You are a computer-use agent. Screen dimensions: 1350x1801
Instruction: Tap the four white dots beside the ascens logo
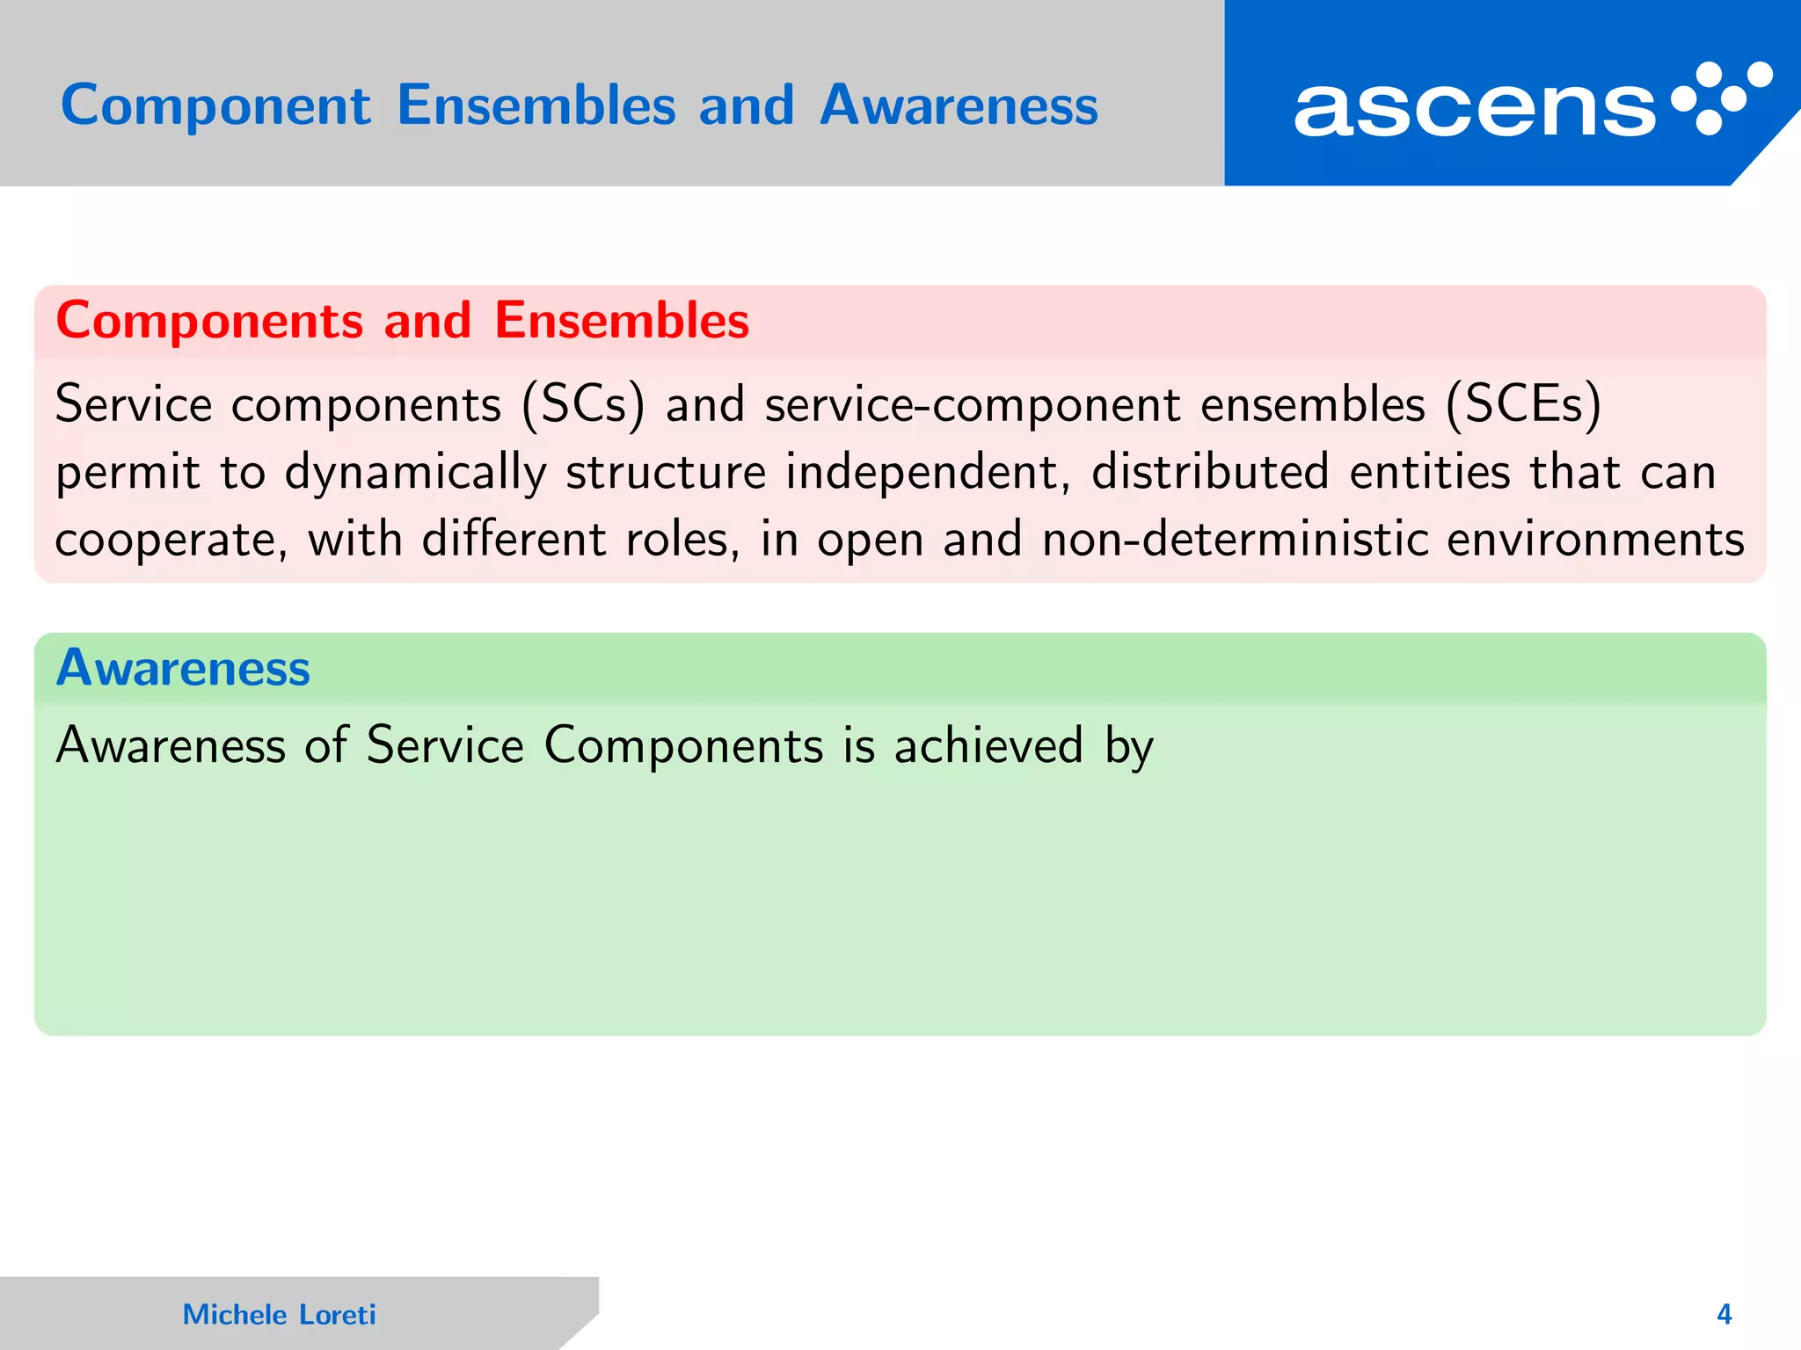coord(1722,98)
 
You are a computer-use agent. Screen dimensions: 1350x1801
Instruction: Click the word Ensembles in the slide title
coord(536,105)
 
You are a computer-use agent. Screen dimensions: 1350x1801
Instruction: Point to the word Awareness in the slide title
coord(959,105)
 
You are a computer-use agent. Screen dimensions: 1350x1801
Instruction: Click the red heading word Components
coord(209,321)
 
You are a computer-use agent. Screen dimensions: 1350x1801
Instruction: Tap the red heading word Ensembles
coord(622,320)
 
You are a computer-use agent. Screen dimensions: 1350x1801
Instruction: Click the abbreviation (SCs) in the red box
coord(583,406)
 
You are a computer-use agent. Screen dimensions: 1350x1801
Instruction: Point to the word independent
coord(927,472)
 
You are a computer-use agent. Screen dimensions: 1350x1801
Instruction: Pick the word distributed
coord(1210,472)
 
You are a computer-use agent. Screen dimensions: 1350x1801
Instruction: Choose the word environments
coord(1595,541)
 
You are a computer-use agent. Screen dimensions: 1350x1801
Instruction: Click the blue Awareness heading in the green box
coord(183,668)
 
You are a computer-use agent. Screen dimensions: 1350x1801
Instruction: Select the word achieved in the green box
coord(988,745)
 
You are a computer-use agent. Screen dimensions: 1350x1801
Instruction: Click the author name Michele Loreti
coord(279,1315)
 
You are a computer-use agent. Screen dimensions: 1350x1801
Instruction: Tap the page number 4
coord(1724,1315)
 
